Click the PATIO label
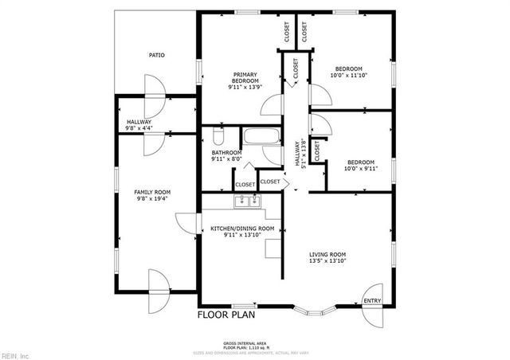156,55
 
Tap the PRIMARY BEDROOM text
245,78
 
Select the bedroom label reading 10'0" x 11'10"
348,72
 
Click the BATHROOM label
226,156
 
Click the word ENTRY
372,300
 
